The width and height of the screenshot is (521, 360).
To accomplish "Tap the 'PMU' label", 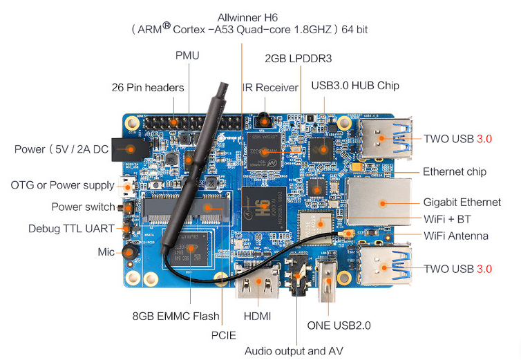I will tap(187, 55).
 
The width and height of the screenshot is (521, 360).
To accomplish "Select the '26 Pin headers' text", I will tap(148, 88).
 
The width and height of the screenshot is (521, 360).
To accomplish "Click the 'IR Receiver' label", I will tap(269, 88).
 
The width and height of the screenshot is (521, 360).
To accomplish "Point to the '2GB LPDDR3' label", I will tap(299, 59).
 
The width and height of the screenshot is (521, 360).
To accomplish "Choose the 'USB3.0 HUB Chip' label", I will tap(355, 86).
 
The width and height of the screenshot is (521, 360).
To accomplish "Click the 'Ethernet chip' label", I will tap(454, 171).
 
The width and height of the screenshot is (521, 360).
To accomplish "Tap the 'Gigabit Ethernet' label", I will tap(462, 202).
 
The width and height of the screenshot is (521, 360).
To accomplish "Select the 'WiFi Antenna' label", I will tap(455, 236).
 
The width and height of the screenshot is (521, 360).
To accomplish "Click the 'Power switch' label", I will tap(83, 207).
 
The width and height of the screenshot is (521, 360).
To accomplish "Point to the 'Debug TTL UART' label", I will tap(71, 229).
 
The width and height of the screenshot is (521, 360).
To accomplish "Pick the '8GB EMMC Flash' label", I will tap(176, 316).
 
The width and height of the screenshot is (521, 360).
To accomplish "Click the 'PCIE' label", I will tap(222, 336).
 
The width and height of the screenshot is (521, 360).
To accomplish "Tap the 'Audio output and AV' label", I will tap(294, 351).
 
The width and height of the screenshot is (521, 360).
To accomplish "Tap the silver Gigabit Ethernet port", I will tap(379, 201).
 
